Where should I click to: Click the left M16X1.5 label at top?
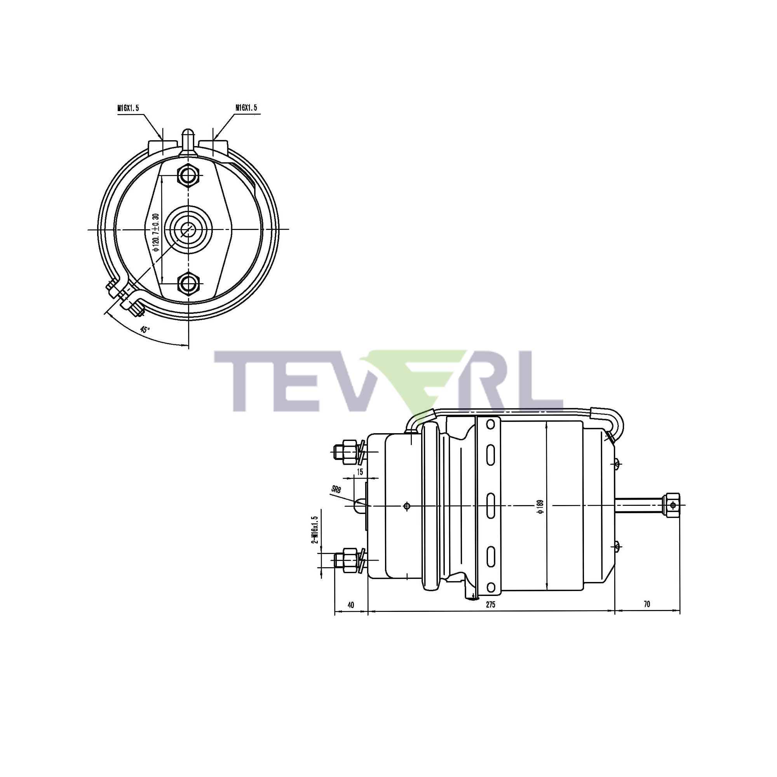128,108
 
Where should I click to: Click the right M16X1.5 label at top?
246,108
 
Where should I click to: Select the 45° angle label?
145,329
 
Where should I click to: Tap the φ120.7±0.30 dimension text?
157,232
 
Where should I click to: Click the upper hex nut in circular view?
188,175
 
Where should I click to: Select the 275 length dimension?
490,605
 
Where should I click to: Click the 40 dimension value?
351,605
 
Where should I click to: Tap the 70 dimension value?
647,604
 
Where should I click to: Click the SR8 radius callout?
336,490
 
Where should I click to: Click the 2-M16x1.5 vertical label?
315,529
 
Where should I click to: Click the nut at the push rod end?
672,505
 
